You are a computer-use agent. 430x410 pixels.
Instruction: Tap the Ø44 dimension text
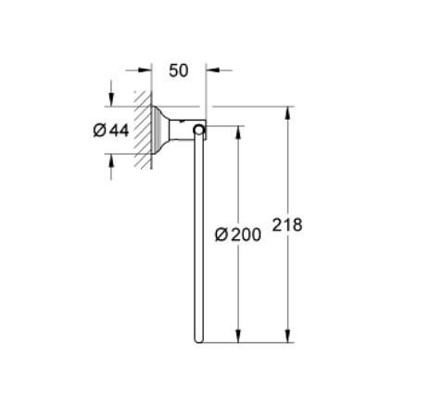pos(111,131)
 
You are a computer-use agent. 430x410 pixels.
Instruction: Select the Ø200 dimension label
pos(237,235)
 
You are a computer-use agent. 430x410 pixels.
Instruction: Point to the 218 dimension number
pos(287,224)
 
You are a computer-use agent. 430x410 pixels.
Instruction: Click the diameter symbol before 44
pos(99,131)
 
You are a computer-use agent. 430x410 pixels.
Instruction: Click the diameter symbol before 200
pos(221,235)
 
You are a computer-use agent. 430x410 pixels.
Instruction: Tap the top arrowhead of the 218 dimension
pos(288,113)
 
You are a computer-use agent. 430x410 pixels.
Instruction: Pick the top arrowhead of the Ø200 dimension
pos(238,130)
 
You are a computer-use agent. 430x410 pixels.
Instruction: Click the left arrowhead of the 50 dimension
pos(145,70)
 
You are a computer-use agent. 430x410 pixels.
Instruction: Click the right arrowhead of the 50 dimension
pos(210,70)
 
